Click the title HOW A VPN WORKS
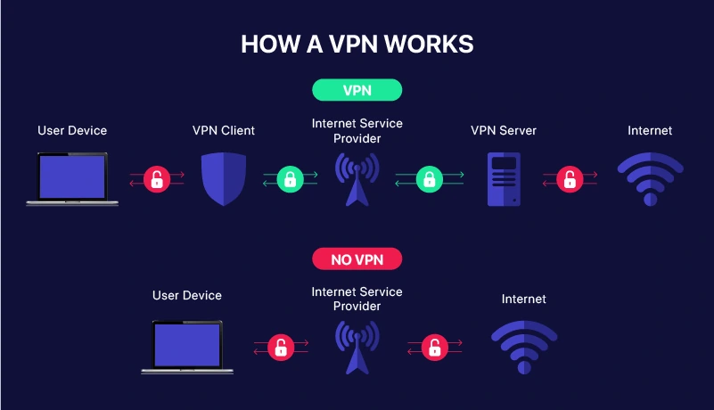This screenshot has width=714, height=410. [x=357, y=45]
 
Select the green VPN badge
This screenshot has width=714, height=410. [x=357, y=90]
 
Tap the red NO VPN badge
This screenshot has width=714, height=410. [x=357, y=258]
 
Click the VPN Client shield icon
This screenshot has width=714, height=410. [x=223, y=178]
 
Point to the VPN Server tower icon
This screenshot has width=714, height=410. [x=504, y=179]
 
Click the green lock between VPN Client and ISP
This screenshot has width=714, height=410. [x=289, y=179]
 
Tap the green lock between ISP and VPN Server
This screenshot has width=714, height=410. [x=429, y=179]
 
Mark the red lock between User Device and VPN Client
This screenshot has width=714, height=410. [x=157, y=179]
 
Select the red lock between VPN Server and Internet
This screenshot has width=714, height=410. [x=569, y=179]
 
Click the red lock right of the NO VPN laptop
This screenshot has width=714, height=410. [x=281, y=347]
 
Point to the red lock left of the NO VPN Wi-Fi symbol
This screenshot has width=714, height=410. [x=433, y=347]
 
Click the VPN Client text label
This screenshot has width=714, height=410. [x=224, y=131]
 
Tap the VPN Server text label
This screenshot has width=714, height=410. [x=504, y=131]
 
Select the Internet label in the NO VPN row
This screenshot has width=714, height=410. [x=524, y=299]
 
